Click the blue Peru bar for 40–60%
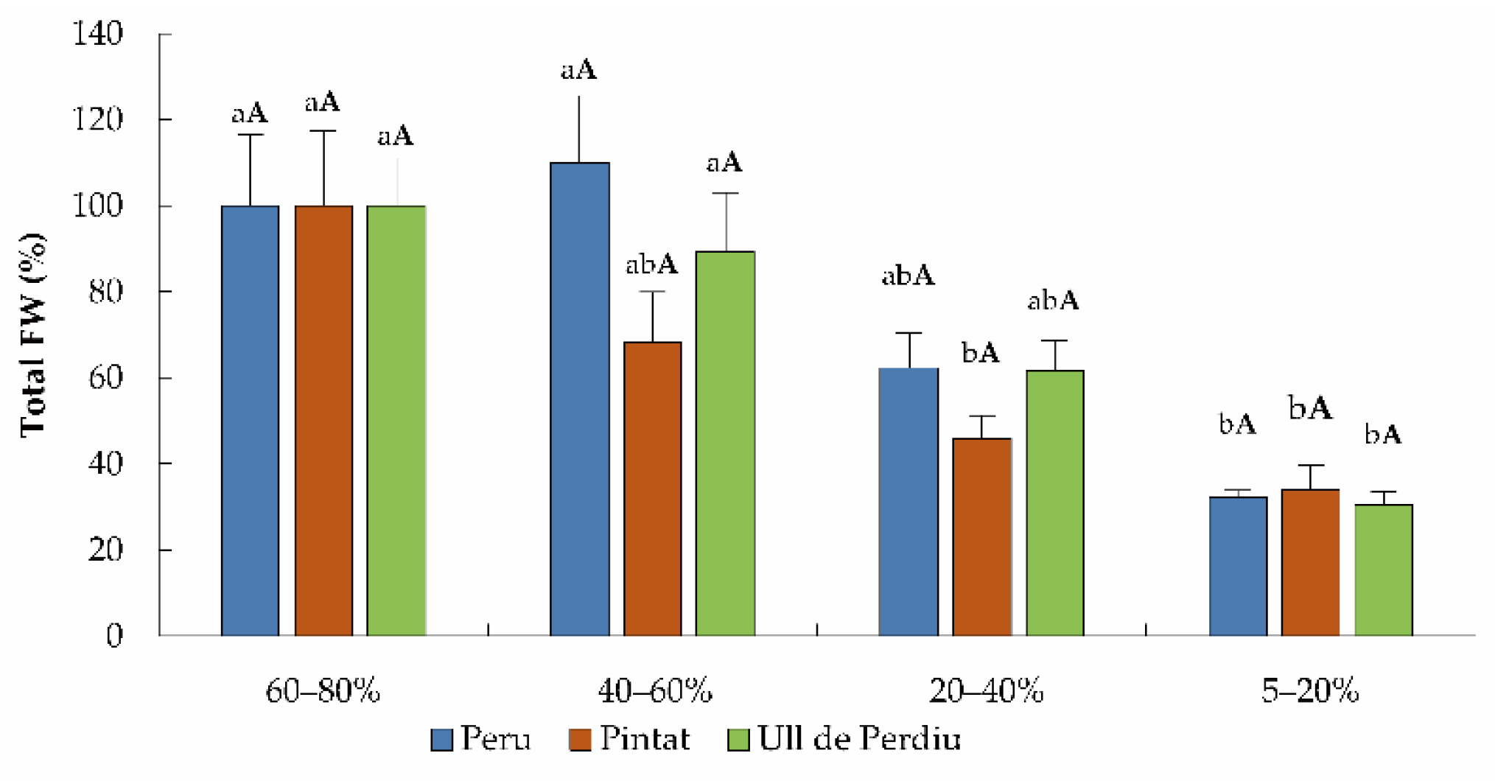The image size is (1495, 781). [x=580, y=399]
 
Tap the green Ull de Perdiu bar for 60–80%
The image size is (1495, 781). [x=396, y=421]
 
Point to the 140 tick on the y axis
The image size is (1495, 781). [x=97, y=34]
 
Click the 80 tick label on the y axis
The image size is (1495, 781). [x=105, y=292]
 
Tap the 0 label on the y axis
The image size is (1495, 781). [x=114, y=636]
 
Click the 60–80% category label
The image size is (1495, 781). [x=323, y=691]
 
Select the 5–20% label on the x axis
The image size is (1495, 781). [x=1309, y=691]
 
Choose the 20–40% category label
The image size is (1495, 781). [x=986, y=691]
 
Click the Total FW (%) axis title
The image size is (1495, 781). [x=33, y=335]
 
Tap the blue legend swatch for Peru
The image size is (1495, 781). [x=441, y=739]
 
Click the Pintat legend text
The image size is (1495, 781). [x=645, y=738]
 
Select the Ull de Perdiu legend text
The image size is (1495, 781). [x=859, y=738]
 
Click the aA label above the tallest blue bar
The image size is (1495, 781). [x=578, y=70]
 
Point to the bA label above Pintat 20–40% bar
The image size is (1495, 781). [x=981, y=353]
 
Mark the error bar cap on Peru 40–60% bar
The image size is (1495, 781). [x=578, y=97]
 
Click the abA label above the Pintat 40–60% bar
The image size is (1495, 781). [x=651, y=264]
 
